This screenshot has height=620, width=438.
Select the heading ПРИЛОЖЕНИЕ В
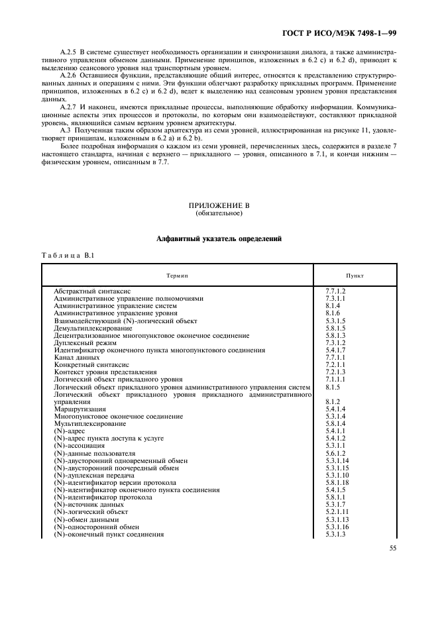click(x=219, y=205)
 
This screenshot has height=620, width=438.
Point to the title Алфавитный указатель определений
click(x=219, y=238)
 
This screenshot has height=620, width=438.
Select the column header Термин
click(x=177, y=274)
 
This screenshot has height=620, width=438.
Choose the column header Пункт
click(x=355, y=274)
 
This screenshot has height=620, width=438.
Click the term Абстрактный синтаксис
click(x=92, y=291)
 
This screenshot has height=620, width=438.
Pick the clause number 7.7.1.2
click(x=336, y=291)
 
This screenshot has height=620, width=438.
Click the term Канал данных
click(x=76, y=357)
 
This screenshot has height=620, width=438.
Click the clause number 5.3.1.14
click(x=337, y=460)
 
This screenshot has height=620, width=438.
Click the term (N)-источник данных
click(x=87, y=505)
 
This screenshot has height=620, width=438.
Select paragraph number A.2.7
click(x=70, y=106)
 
